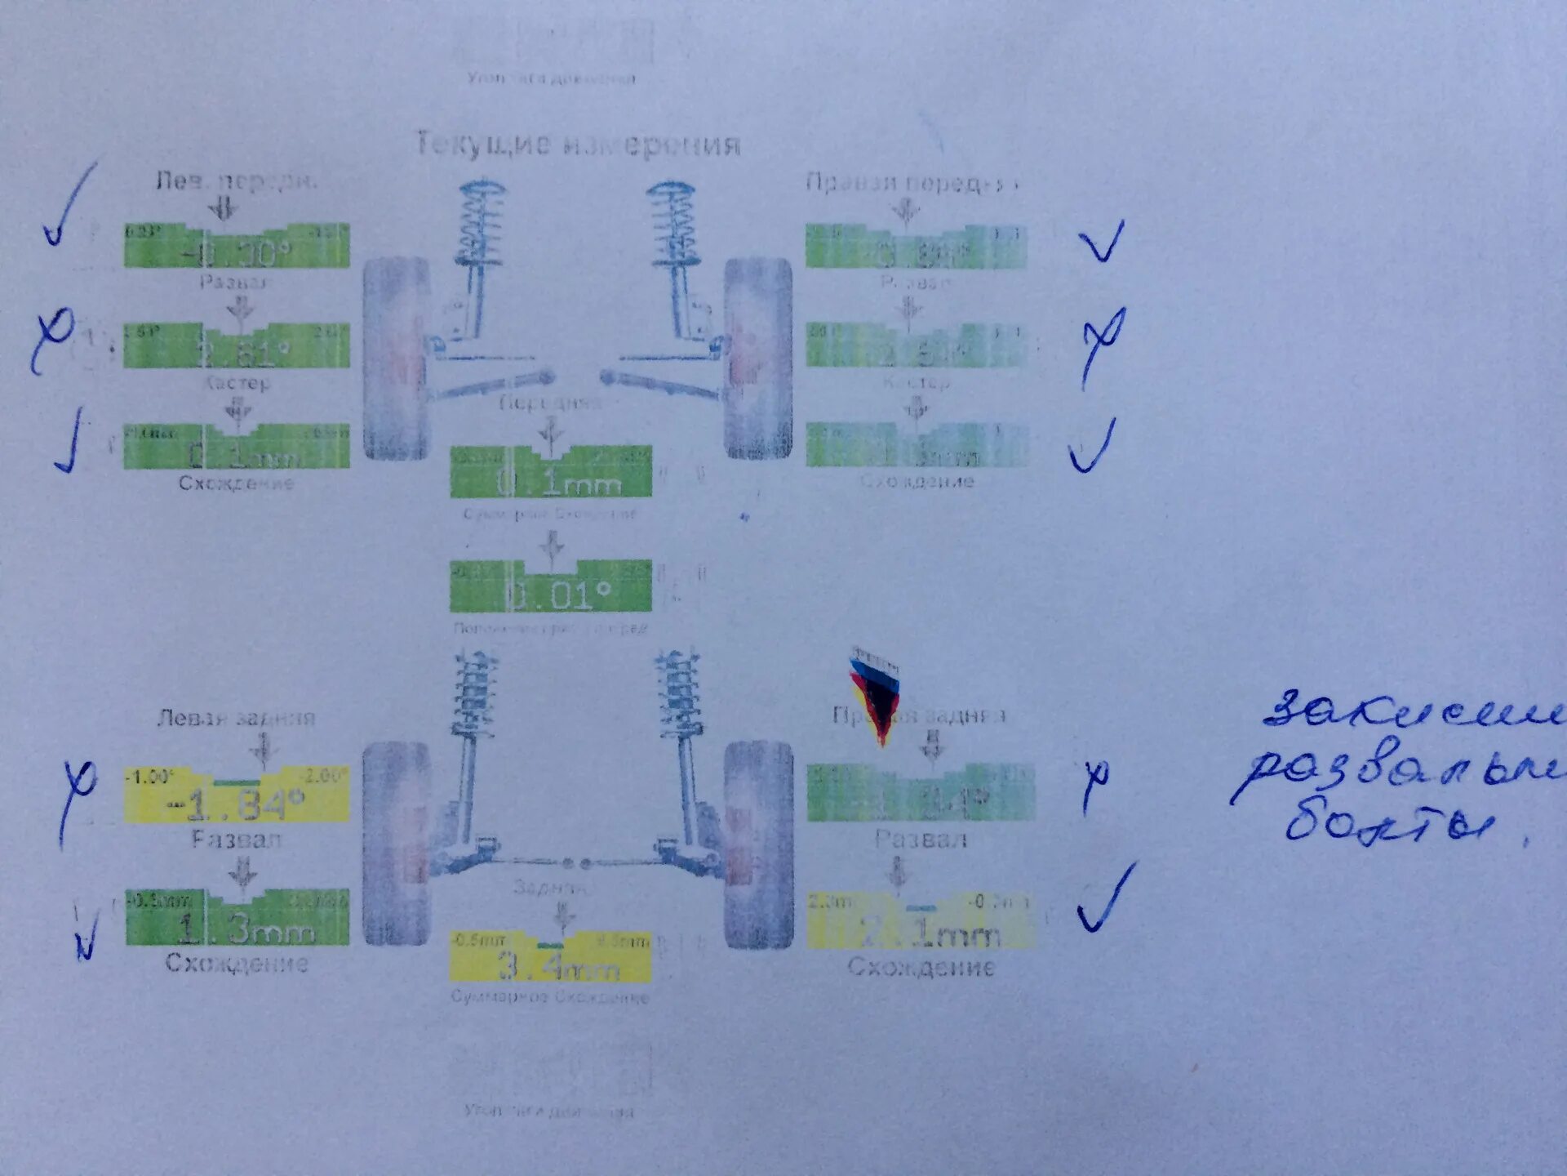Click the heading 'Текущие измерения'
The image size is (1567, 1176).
click(578, 145)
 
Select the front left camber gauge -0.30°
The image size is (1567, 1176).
click(237, 247)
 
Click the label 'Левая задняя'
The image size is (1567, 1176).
click(236, 718)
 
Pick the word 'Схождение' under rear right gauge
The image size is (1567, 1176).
click(921, 968)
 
